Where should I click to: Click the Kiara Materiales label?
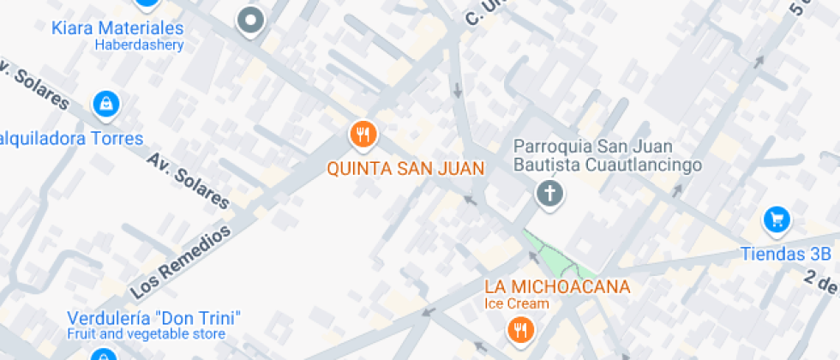(117, 27)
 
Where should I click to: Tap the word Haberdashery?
(139, 45)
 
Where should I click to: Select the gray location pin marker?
(250, 21)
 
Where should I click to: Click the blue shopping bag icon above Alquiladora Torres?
(105, 105)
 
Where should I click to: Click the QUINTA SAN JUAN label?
(406, 168)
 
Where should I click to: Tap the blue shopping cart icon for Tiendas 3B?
(777, 221)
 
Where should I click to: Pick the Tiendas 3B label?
(786, 254)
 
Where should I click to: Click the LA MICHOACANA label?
(557, 287)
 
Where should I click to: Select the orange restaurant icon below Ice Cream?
(519, 330)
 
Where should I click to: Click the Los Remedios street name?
(181, 261)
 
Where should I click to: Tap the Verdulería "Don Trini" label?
(153, 317)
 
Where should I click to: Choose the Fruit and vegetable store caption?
(147, 333)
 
